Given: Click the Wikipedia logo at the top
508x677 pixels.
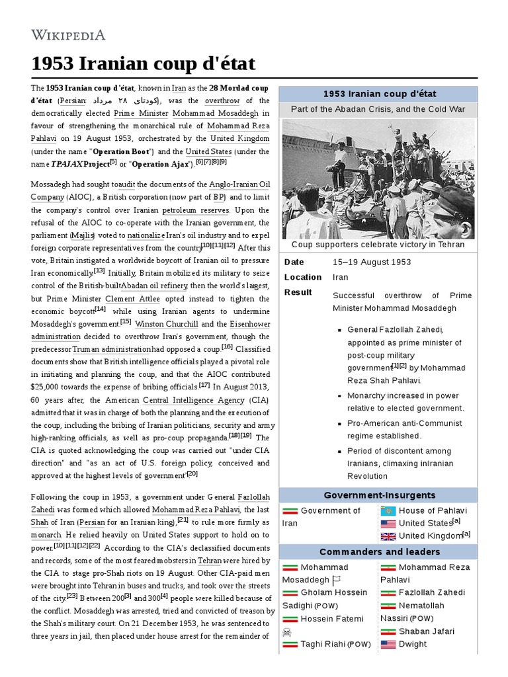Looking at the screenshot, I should (68, 34).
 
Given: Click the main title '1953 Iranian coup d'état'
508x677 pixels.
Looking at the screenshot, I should (143, 64).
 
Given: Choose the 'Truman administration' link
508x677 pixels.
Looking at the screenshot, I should (112, 349).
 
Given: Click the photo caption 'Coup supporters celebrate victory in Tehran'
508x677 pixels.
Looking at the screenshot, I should (378, 245).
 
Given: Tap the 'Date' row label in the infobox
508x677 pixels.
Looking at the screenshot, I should (294, 262).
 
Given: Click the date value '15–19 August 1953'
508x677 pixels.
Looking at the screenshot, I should (371, 262).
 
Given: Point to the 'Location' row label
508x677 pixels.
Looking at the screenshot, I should (302, 277).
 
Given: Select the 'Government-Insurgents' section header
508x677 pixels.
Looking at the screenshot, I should (378, 495).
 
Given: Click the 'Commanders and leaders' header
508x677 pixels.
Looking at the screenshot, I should (378, 552).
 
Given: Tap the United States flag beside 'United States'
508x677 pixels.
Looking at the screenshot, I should (388, 524).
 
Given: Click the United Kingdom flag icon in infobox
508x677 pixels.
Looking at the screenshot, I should (388, 536).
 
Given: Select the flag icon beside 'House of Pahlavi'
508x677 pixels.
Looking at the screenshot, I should (388, 510).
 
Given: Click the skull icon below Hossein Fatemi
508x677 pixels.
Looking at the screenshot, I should (287, 632).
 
